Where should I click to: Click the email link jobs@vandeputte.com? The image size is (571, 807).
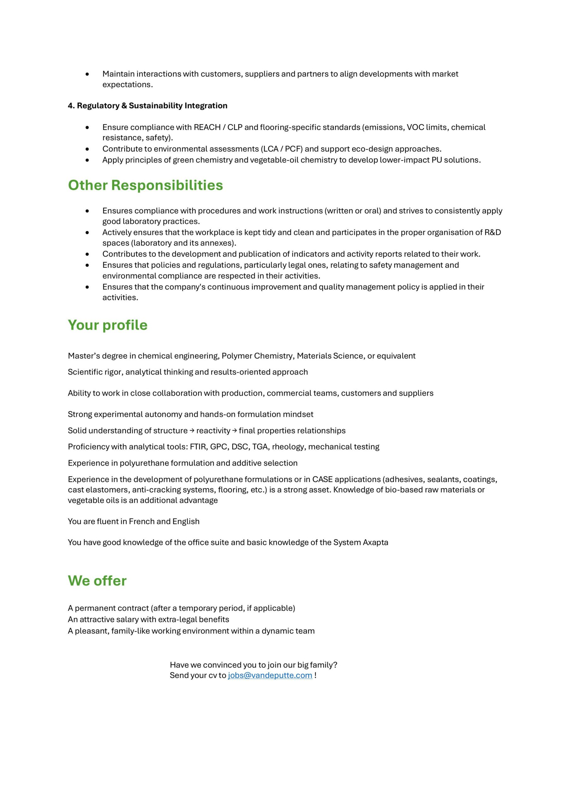click(270, 675)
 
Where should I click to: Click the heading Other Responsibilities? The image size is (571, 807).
click(145, 185)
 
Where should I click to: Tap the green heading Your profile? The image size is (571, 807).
click(108, 325)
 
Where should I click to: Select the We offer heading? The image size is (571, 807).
click(97, 581)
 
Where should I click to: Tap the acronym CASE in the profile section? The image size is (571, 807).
click(322, 479)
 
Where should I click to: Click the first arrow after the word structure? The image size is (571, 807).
click(192, 431)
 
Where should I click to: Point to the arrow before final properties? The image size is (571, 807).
click(235, 431)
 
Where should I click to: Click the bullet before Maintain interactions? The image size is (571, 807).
click(87, 74)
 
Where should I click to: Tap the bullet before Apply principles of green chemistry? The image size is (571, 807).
click(87, 160)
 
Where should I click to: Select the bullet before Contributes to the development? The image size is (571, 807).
click(87, 254)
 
